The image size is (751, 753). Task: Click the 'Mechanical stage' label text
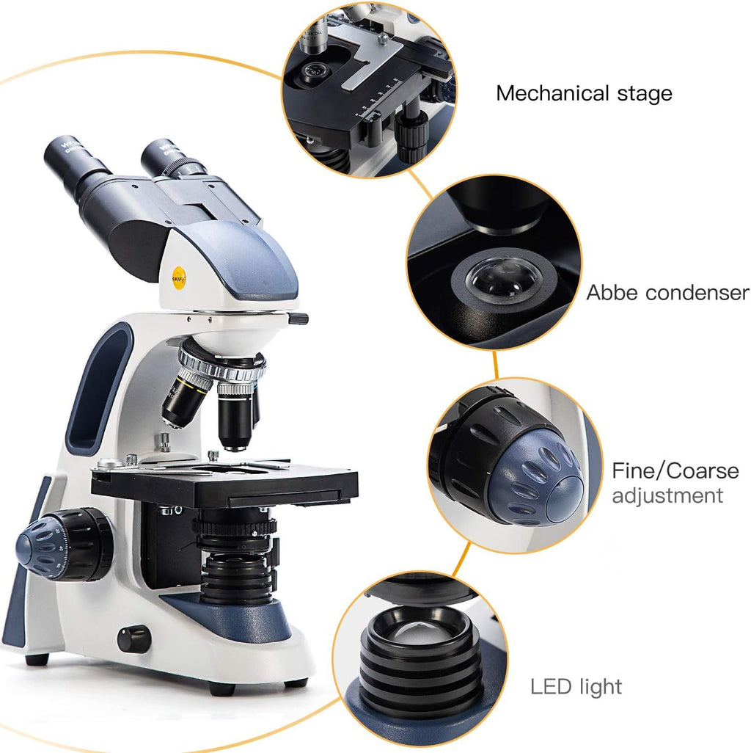pyautogui.click(x=584, y=94)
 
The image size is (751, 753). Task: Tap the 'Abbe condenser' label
pyautogui.click(x=667, y=293)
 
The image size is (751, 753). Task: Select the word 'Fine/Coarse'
pyautogui.click(x=675, y=470)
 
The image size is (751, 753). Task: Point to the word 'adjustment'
pyautogui.click(x=667, y=495)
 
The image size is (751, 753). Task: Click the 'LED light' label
pyautogui.click(x=576, y=687)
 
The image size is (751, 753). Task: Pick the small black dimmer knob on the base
pyautogui.click(x=133, y=639)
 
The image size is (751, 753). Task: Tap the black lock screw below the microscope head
pyautogui.click(x=297, y=318)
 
